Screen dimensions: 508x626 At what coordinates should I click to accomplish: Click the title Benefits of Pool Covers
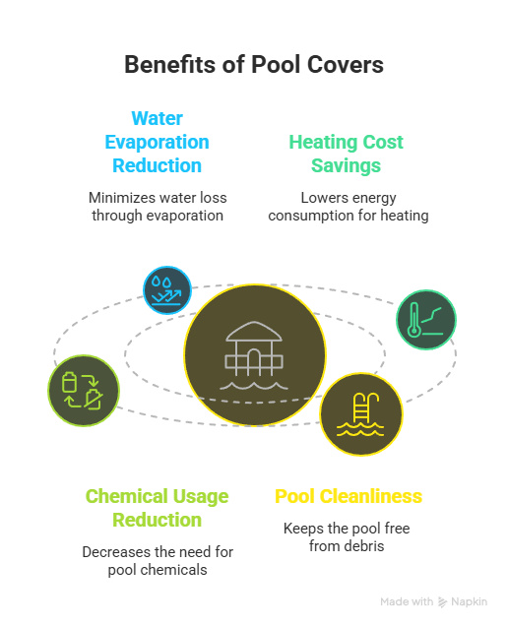(254, 64)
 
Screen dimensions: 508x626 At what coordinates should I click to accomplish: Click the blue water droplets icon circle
(167, 290)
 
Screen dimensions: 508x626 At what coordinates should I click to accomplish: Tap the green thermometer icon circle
(426, 320)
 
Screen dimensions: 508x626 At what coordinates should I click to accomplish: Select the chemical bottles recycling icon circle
(84, 391)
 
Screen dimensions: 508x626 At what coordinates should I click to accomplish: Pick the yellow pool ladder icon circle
(361, 414)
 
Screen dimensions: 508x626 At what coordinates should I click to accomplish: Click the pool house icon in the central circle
(254, 355)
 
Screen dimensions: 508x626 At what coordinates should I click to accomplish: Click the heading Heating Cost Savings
(346, 154)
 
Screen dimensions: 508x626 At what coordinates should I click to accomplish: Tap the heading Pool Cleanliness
(349, 496)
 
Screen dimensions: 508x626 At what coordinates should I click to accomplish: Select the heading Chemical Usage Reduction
(157, 508)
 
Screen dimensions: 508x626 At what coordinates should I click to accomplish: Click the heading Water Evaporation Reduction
(157, 142)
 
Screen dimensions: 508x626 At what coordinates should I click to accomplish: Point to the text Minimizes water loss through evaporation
(158, 207)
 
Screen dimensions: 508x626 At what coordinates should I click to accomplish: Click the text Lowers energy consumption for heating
(349, 207)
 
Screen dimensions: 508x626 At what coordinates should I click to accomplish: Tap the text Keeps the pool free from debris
(347, 537)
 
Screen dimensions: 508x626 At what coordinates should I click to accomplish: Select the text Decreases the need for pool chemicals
(158, 560)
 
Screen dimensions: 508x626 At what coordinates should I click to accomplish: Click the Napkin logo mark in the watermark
(442, 602)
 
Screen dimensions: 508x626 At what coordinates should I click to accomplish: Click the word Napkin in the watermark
(470, 601)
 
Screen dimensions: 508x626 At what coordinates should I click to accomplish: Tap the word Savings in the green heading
(346, 165)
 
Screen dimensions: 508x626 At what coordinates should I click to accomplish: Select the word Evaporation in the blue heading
(157, 142)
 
